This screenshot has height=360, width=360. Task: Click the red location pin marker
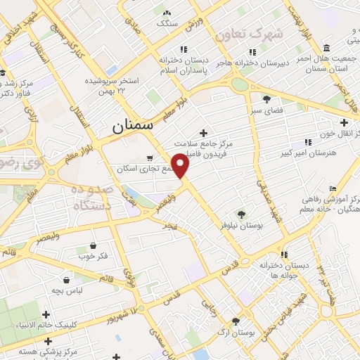(181, 165)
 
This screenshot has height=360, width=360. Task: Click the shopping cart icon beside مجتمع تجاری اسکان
(149, 158)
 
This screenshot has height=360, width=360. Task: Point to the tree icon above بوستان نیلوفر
(242, 213)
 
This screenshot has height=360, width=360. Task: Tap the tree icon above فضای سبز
(266, 99)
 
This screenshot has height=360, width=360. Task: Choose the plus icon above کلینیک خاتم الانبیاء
(46, 314)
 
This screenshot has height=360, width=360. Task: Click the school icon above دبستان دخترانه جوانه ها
(284, 254)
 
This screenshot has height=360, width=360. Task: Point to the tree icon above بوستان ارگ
(236, 320)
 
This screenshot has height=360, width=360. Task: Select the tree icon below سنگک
(167, 13)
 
